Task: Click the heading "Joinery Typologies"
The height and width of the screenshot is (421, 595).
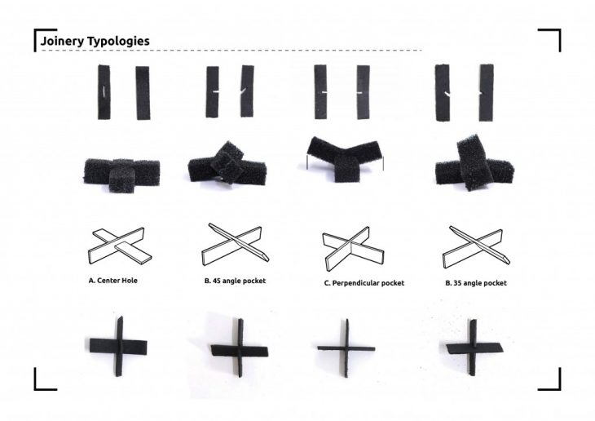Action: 95,41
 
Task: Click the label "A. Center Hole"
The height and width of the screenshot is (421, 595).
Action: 112,281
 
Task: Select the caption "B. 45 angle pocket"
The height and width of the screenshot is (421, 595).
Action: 235,281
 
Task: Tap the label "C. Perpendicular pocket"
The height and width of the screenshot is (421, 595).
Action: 364,283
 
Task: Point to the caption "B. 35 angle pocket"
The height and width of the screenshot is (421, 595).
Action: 476,283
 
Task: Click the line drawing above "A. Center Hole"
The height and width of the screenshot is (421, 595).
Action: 120,246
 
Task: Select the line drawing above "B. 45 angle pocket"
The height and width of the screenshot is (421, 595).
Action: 236,244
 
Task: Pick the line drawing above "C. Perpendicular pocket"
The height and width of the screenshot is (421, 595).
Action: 353,249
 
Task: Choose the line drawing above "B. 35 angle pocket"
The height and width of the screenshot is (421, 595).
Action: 476,247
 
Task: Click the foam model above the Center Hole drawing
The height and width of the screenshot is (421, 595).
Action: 121,175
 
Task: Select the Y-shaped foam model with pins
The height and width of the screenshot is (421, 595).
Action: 345,157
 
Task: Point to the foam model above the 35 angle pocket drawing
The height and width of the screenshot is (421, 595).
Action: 474,163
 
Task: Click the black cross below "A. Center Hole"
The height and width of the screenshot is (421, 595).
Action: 119,346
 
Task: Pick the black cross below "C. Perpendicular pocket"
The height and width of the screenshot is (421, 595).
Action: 346,348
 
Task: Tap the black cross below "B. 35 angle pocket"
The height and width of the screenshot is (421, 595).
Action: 473,348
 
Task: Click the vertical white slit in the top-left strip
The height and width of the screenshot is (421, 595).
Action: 104,91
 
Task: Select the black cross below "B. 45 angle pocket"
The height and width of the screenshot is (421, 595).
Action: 240,349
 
